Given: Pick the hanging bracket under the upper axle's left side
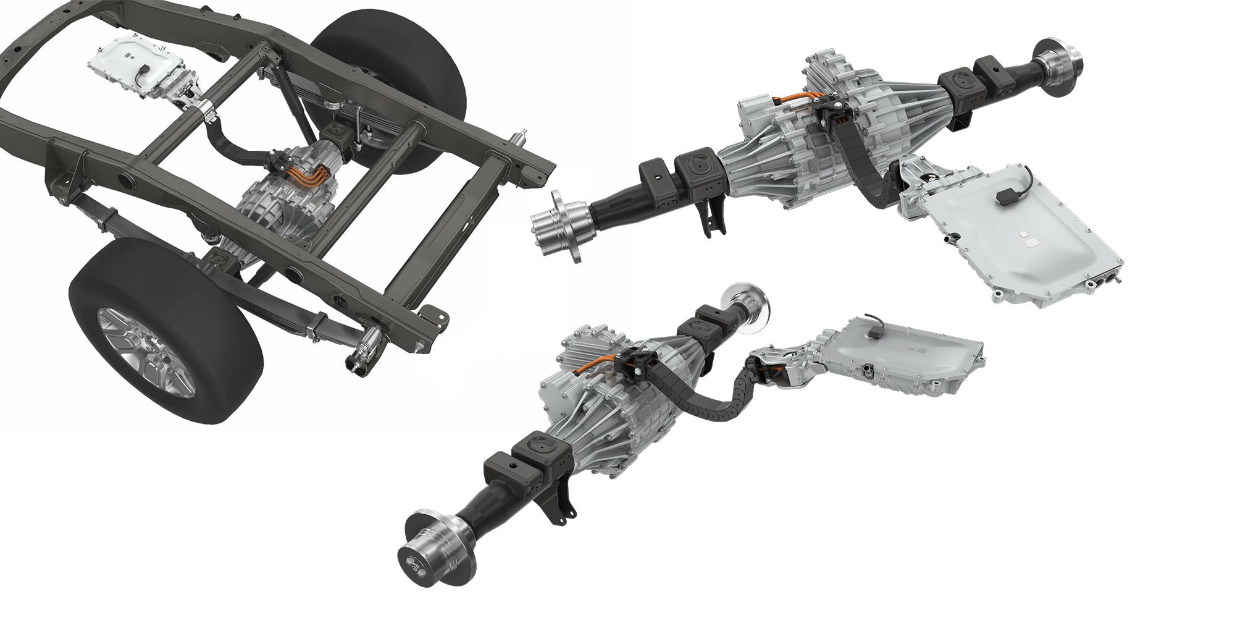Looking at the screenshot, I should pos(713,216).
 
